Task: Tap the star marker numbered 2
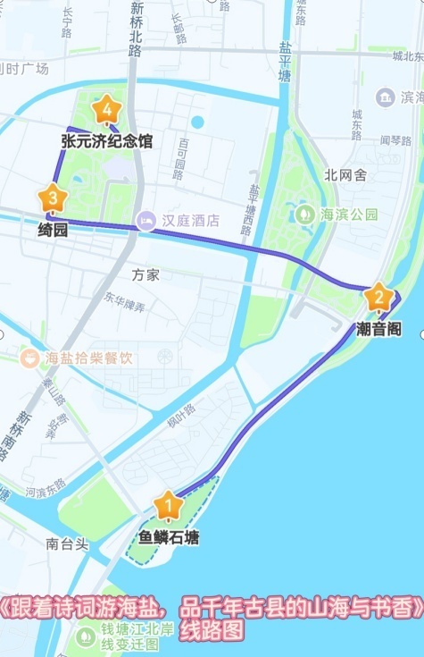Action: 378,297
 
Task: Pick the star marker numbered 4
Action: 107,110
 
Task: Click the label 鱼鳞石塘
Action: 169,538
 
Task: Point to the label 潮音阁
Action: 378,329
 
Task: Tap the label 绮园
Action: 53,229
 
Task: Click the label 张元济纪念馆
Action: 107,141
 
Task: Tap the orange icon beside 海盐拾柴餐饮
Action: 30,358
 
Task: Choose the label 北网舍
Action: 345,175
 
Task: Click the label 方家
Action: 145,274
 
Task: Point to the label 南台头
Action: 68,543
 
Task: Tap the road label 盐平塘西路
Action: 255,210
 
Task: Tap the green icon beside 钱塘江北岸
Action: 86,636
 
